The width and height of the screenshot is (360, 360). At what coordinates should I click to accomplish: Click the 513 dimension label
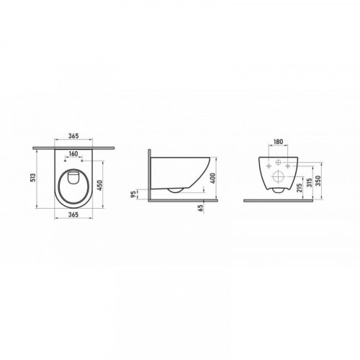click(x=34, y=177)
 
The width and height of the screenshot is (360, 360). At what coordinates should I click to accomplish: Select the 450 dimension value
click(x=100, y=185)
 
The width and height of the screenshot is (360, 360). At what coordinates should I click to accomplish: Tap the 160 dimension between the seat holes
click(x=73, y=153)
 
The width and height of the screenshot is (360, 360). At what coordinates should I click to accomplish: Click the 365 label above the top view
click(x=73, y=136)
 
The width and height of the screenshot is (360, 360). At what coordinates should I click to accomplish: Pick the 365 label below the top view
click(x=73, y=215)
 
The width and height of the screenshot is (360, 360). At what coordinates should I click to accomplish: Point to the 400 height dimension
click(x=213, y=178)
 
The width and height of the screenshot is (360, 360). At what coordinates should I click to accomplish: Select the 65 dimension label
click(x=201, y=207)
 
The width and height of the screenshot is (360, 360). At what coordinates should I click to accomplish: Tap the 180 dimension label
click(x=278, y=142)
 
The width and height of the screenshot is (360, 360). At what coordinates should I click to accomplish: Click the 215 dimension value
click(x=299, y=188)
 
